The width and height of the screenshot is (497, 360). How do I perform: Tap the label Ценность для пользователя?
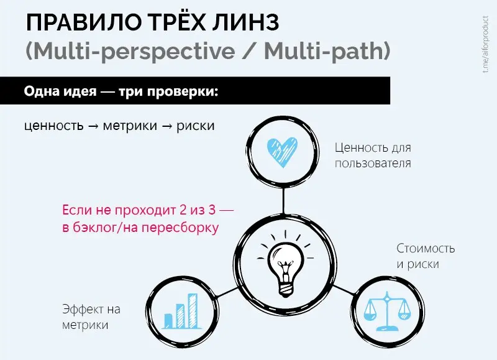pyautogui.click(x=373, y=155)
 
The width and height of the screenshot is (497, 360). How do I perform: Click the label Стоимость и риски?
pyautogui.click(x=426, y=256)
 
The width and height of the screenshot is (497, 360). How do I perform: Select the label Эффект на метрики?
pyautogui.click(x=91, y=317)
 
